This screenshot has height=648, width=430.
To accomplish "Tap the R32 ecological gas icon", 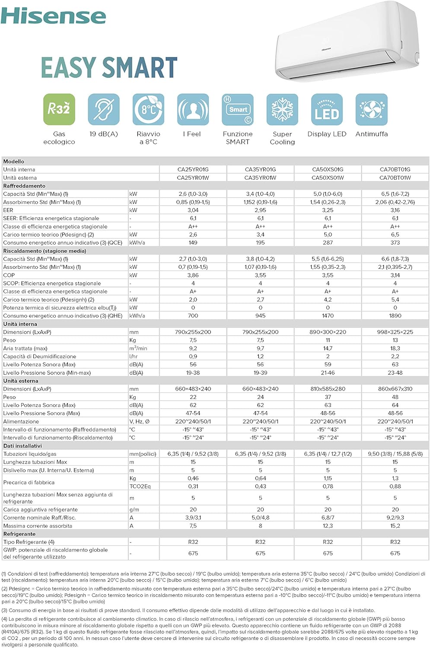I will point(59,109).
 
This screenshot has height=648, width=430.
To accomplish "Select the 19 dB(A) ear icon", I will point(104,109).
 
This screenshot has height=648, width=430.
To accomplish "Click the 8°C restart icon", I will point(148,109).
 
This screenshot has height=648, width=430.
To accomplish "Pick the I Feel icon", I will point(193,109).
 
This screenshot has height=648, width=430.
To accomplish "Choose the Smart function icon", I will point(238,109).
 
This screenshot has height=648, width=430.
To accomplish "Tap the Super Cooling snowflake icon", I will point(282,109).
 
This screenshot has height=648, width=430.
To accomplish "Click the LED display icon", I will point(327,109).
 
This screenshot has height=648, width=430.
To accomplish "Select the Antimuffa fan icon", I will point(372,109).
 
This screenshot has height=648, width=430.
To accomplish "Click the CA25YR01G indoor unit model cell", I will point(193,169).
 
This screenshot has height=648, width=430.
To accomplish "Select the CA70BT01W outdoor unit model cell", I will point(395,178).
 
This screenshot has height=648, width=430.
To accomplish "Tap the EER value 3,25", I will point(328,210).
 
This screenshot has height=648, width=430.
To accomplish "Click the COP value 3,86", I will point(193,275).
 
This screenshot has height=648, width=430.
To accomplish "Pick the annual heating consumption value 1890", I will point(395,316).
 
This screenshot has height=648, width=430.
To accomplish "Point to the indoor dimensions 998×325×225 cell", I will point(395,332).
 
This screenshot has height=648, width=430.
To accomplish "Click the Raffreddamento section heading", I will point(24,186).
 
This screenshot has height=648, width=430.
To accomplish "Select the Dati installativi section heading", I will point(22,446).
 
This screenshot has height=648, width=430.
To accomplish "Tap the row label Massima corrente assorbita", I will point(38,526).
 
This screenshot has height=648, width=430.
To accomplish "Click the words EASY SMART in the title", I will point(109,68).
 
